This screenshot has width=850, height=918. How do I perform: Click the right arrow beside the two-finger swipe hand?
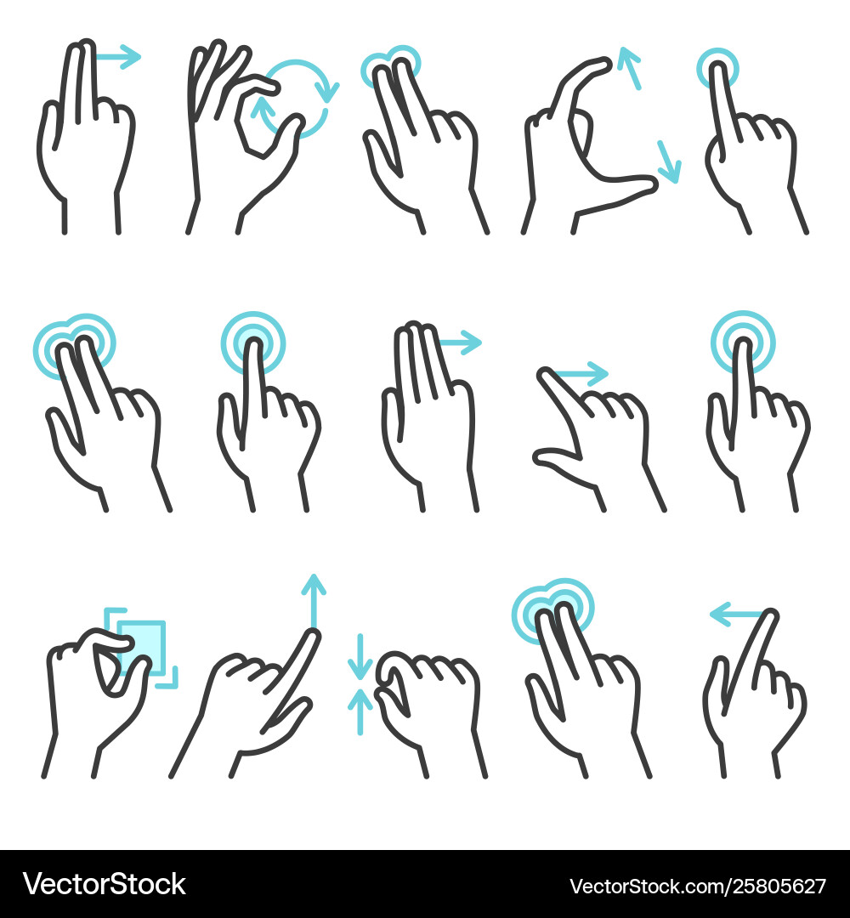tap(119, 58)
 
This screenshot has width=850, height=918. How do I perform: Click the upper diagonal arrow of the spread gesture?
tap(629, 68)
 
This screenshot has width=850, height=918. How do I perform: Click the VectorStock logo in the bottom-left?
tap(105, 884)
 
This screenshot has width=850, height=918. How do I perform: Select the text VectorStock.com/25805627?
tap(697, 886)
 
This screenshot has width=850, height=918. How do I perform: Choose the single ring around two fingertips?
tap(391, 66)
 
